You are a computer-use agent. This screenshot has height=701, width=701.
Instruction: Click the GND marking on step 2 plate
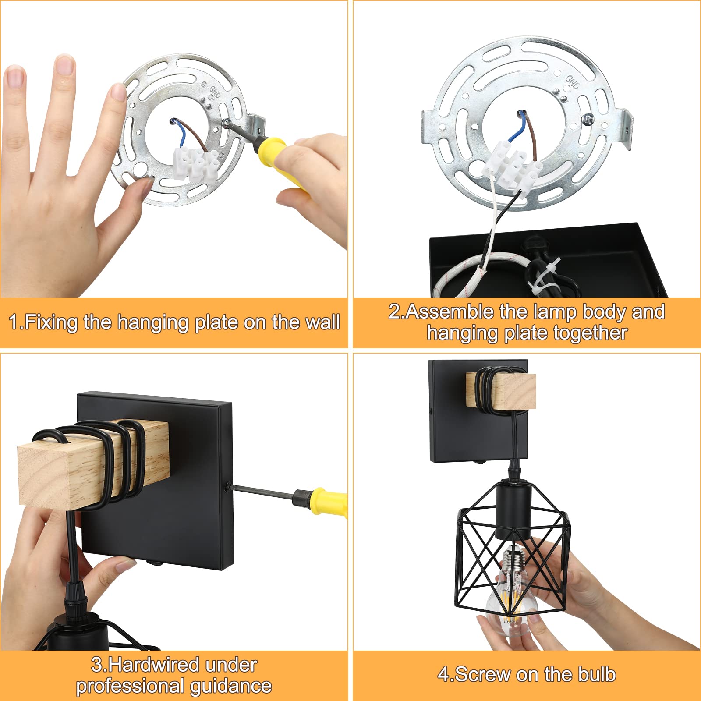click(x=572, y=81)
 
